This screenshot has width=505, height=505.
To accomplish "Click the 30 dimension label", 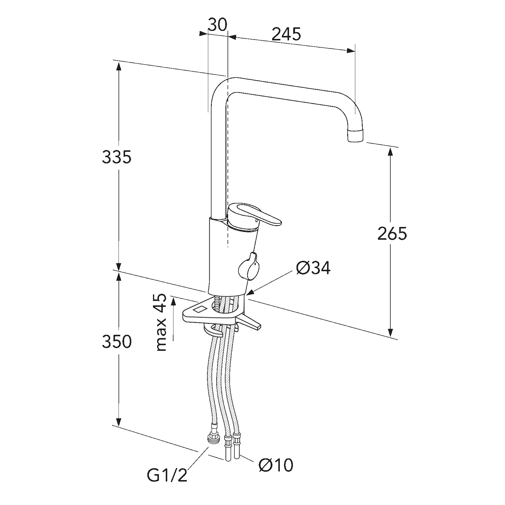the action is pos(217,25).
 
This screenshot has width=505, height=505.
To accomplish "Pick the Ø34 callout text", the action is pos(313,268).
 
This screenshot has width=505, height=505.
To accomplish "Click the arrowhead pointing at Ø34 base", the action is pos(250,293).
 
